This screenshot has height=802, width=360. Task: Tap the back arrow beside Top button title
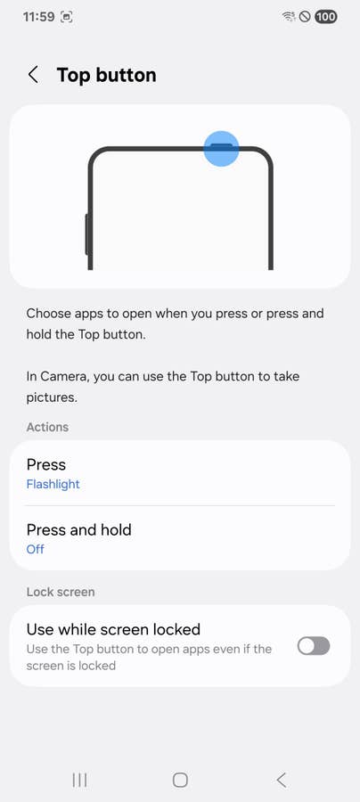click(x=33, y=75)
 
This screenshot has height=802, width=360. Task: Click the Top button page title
click(x=106, y=75)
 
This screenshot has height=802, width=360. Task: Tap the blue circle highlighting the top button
click(x=221, y=148)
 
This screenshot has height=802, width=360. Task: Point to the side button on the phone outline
click(x=87, y=234)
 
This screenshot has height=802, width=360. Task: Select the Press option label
click(x=46, y=464)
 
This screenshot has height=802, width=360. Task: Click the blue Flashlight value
click(x=53, y=485)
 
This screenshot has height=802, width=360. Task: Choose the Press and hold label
click(x=78, y=529)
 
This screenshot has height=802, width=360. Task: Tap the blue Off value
click(x=36, y=549)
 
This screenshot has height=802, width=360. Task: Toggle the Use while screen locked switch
click(x=314, y=646)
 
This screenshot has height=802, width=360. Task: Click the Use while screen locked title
click(x=113, y=628)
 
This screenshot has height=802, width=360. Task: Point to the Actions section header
click(x=47, y=427)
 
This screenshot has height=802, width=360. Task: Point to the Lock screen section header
click(x=61, y=592)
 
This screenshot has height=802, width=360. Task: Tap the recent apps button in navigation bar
click(x=79, y=780)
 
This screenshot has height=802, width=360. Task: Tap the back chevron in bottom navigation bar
click(x=281, y=780)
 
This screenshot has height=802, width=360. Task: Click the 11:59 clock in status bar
click(x=38, y=17)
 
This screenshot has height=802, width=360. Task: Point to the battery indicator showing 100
click(x=326, y=17)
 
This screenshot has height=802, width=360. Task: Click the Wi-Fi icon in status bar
click(x=289, y=17)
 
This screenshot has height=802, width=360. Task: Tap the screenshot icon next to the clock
click(x=67, y=17)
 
